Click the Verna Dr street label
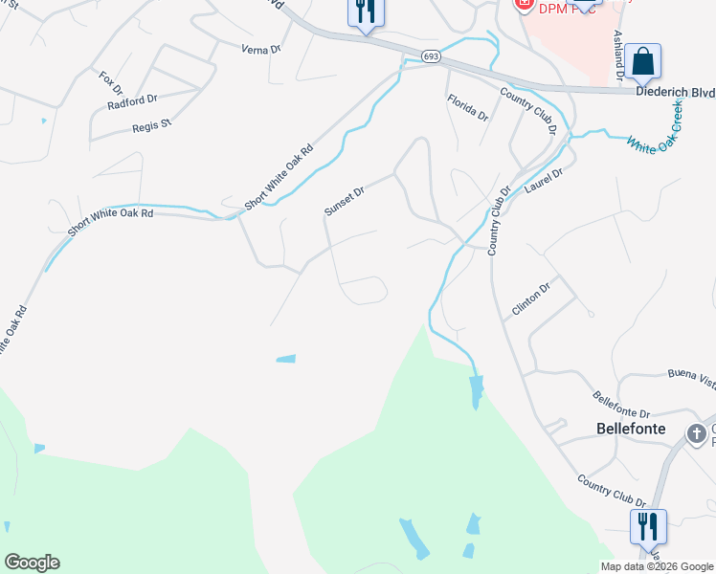point(261,49)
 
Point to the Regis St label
point(151,124)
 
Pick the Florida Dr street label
point(467,107)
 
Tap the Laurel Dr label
point(544,179)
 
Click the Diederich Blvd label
point(675,92)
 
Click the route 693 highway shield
point(430,56)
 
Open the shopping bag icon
point(645,62)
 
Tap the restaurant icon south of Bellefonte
point(648,526)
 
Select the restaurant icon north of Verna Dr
point(365,11)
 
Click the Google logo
point(32,563)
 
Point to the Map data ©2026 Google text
point(658,566)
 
